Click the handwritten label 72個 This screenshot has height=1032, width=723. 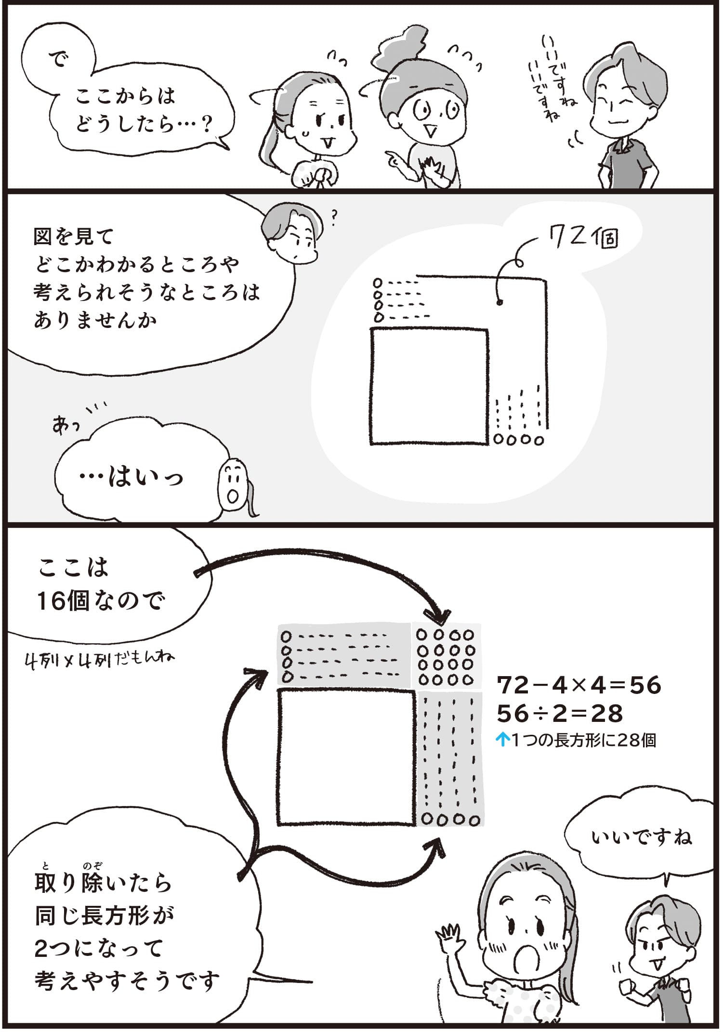point(583,238)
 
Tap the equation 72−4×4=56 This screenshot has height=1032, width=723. point(578,685)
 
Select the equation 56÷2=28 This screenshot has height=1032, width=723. point(560,713)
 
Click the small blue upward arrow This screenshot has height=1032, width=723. point(502,740)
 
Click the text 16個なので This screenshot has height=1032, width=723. point(101,601)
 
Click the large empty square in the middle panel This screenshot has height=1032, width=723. point(429,386)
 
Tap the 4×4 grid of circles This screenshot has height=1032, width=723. point(446,657)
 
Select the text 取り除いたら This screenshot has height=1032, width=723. point(104,882)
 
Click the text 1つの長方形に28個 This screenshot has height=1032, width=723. point(584,740)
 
